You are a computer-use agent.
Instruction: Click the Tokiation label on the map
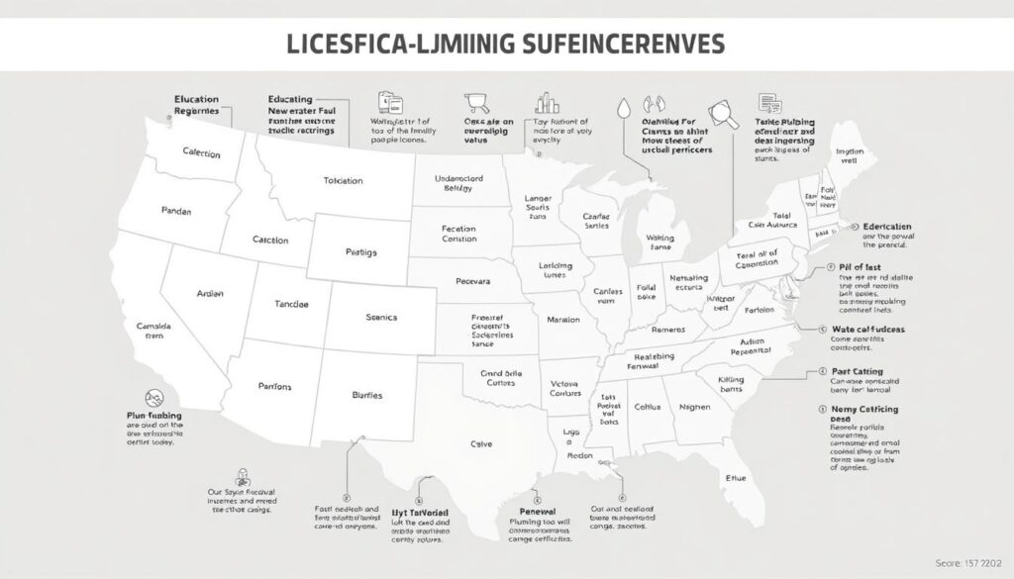(344, 181)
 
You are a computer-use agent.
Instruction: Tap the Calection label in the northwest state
(201, 153)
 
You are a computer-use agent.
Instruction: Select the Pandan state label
(176, 211)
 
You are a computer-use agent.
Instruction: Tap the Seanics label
(381, 317)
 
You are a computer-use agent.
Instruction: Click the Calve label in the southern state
(482, 444)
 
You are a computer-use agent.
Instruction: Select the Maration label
(562, 321)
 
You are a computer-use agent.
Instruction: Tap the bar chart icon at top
(546, 102)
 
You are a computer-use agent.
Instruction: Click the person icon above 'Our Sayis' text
(242, 476)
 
